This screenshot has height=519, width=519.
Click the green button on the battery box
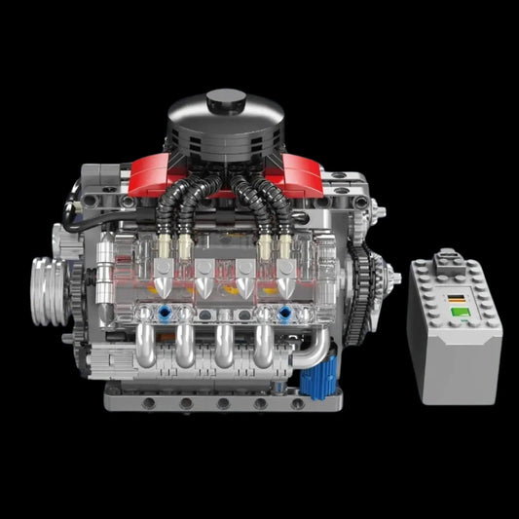point(456,311)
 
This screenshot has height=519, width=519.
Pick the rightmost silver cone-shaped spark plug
point(284,284)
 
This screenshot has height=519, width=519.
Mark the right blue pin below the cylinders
point(284,315)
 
